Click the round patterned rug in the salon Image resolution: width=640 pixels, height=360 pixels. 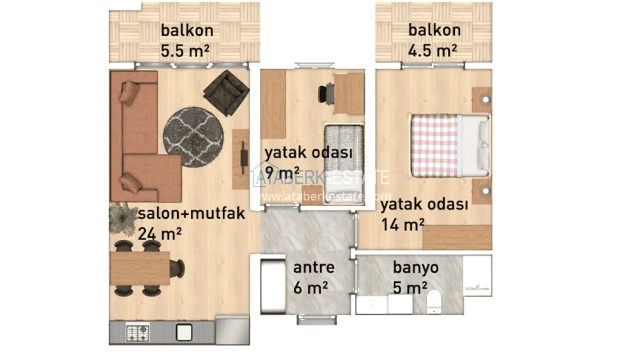pos(193,137)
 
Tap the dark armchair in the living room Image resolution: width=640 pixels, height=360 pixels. pos(226,93)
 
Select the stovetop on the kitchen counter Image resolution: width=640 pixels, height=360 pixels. pos(138,333)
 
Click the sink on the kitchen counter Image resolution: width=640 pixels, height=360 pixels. pos(184,332)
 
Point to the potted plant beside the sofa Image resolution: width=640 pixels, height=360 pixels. pos(123,219)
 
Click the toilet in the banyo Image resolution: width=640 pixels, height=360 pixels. pos(434,302)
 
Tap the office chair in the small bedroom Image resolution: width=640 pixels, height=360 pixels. pos(326,94)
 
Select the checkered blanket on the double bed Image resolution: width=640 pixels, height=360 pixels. pos(435,146)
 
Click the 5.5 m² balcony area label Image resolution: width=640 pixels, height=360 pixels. pos(185,51)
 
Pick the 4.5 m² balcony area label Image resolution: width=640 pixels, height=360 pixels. pos(432,51)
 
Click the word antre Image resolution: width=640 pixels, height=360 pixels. pos(314,267)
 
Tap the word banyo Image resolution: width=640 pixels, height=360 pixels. pos(415,268)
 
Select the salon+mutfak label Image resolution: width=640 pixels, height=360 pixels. pos(191,213)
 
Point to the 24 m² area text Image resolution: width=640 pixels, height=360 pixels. pos(159,234)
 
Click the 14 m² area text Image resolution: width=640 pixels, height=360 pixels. pos(403,225)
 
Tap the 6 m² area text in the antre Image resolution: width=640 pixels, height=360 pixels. pos(311,288)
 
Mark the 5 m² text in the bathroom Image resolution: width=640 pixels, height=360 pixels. pos(410,288)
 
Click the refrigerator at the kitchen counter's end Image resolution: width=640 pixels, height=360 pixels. pos(232,330)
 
